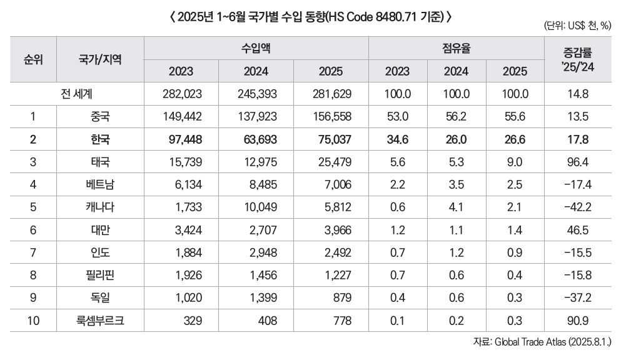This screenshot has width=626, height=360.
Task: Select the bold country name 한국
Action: click(x=100, y=139)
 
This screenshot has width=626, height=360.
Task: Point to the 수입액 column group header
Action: click(x=256, y=47)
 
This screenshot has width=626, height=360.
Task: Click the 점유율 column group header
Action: click(x=457, y=47)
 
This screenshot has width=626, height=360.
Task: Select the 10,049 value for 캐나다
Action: click(x=256, y=207)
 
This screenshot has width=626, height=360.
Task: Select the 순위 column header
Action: click(x=33, y=59)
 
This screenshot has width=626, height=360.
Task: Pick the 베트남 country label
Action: click(x=100, y=184)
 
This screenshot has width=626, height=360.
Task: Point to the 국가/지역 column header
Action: click(x=100, y=59)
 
